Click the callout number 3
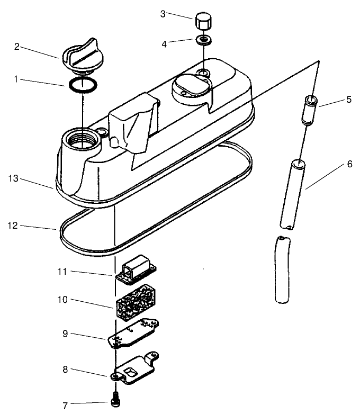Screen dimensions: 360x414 pyautogui.click(x=163, y=14)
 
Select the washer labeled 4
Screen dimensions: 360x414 pyautogui.click(x=203, y=40)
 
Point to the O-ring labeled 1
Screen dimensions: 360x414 pyautogui.click(x=83, y=85)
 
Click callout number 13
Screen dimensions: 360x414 pyautogui.click(x=13, y=178)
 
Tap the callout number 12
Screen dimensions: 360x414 pyautogui.click(x=13, y=226)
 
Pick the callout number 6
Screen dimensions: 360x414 pyautogui.click(x=349, y=164)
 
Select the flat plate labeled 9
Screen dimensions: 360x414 pyautogui.click(x=133, y=334)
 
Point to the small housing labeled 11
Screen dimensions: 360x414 pyautogui.click(x=136, y=270)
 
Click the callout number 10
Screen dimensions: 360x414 pyautogui.click(x=62, y=300)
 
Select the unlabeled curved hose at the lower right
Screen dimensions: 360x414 pyautogui.click(x=283, y=269)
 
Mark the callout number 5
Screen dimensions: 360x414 pyautogui.click(x=349, y=100)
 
